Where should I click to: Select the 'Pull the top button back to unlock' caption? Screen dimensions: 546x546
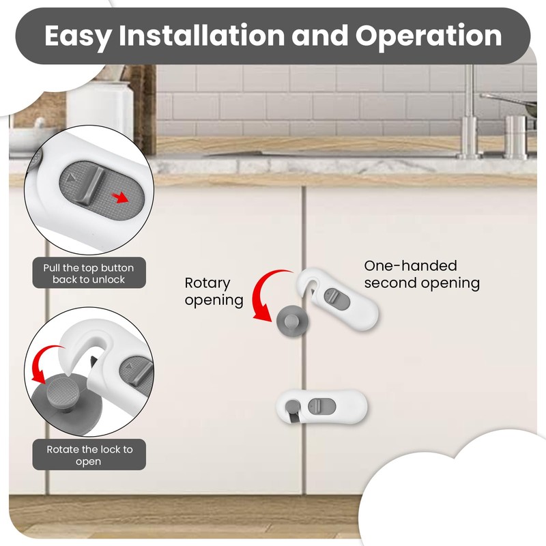[x=89, y=273]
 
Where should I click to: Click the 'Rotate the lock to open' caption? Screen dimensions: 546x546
[x=89, y=455]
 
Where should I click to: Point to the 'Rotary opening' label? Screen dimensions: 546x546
[x=214, y=291]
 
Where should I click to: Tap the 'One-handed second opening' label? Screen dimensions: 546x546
[x=421, y=274]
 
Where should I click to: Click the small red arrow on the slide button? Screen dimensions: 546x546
[x=120, y=198]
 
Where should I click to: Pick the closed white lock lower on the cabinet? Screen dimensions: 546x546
[x=322, y=408]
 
